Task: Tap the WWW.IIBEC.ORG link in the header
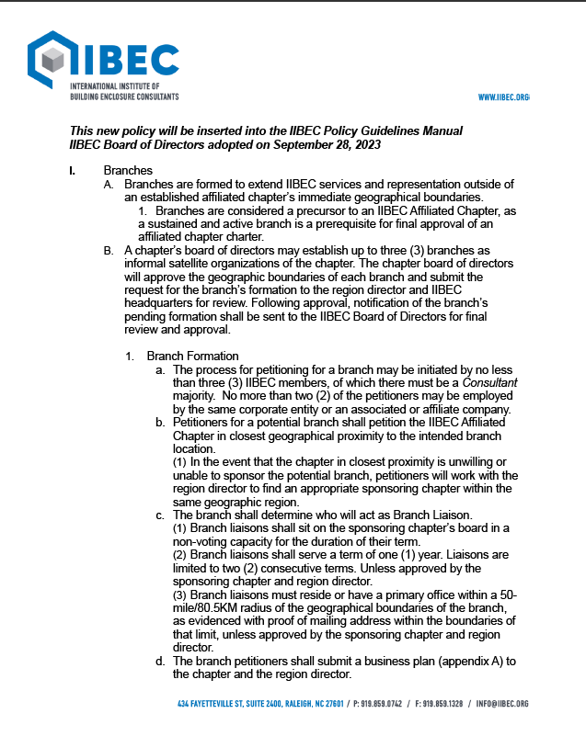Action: click(x=503, y=97)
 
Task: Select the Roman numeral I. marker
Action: click(x=73, y=171)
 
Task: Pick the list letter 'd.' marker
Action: click(x=160, y=661)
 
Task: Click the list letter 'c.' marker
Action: click(x=160, y=515)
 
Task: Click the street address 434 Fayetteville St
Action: click(x=211, y=704)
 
